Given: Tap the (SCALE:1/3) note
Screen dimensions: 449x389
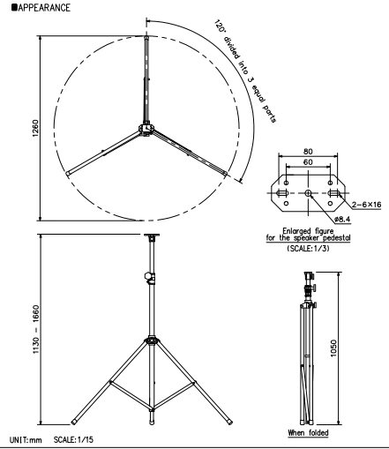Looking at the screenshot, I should [x=306, y=250].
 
